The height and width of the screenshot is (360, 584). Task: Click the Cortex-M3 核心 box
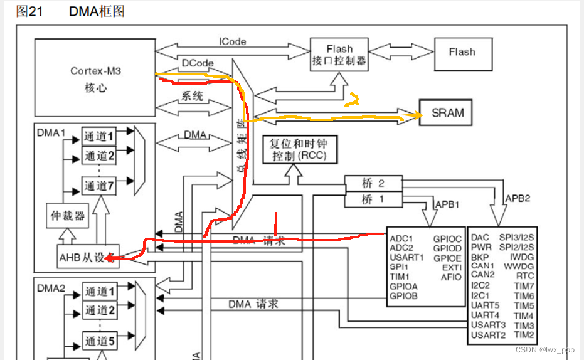click(94, 78)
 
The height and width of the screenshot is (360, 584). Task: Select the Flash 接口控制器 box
click(339, 55)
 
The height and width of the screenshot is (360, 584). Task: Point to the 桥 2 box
click(373, 184)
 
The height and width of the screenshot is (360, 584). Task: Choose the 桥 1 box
click(373, 199)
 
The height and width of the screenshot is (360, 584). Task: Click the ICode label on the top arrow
click(232, 41)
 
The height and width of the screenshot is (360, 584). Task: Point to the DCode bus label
click(198, 63)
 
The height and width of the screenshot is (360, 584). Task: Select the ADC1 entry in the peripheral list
click(401, 238)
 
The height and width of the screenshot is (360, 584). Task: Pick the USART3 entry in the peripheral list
click(488, 325)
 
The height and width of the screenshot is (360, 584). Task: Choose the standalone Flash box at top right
click(462, 52)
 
